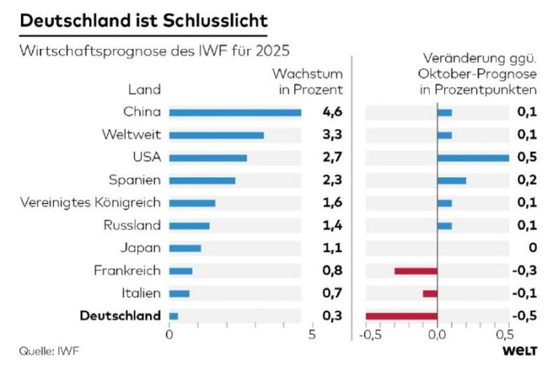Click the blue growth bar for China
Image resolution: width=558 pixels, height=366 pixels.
[x=235, y=112]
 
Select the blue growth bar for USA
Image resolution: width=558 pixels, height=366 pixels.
[x=208, y=158]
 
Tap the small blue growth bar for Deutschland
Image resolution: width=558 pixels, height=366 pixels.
[x=173, y=316]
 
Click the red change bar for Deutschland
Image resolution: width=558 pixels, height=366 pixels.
[x=402, y=316]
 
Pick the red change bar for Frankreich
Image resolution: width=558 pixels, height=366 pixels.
[x=415, y=271]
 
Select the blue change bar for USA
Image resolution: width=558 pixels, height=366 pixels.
[x=473, y=158]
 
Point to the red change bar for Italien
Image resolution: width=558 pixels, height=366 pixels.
[x=430, y=294]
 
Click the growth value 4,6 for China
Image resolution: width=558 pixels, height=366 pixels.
[x=331, y=112]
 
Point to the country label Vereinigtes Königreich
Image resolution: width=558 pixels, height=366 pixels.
[x=91, y=203]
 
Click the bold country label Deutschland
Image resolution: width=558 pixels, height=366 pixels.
[x=120, y=316]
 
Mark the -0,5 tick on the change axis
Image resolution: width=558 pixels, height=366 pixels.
[x=369, y=335]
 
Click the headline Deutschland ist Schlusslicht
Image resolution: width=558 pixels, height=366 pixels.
[x=144, y=19]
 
